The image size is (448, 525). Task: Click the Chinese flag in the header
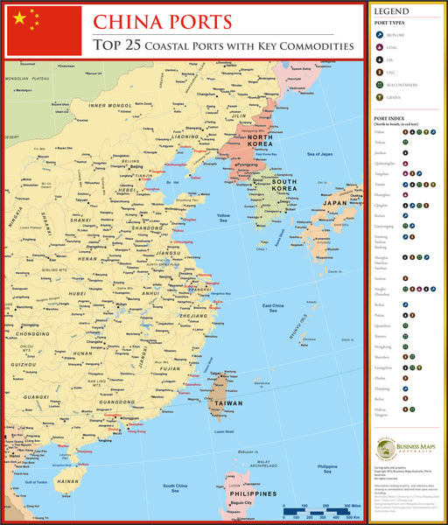tap(44, 31)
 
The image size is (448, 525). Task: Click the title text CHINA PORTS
tap(163, 22)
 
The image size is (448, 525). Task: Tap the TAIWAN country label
tap(230, 404)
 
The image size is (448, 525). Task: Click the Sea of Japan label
tap(320, 154)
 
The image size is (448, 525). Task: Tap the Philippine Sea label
tap(327, 468)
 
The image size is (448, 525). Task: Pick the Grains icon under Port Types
tap(380, 98)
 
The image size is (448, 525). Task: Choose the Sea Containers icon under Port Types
tap(380, 85)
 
